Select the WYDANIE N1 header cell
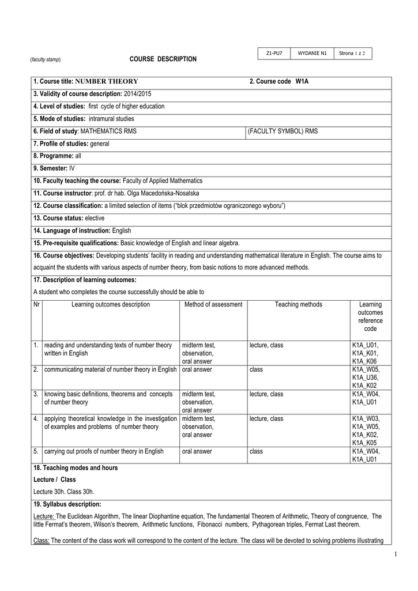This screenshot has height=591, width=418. pyautogui.click(x=312, y=54)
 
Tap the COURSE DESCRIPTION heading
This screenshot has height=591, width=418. pyautogui.click(x=163, y=59)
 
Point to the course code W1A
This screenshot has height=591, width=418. pyautogui.click(x=302, y=81)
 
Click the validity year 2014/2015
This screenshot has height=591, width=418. pyautogui.click(x=138, y=93)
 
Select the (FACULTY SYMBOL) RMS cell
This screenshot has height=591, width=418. pyautogui.click(x=283, y=131)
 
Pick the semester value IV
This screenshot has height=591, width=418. pyautogui.click(x=72, y=169)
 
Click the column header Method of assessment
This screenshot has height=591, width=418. pyautogui.click(x=213, y=304)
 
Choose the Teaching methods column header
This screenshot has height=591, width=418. pyautogui.click(x=298, y=304)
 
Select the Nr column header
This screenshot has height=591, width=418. pyautogui.click(x=37, y=304)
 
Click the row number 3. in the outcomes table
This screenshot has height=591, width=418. pyautogui.click(x=36, y=394)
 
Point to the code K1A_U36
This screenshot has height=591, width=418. pyautogui.click(x=365, y=377)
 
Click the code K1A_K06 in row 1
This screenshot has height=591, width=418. pyautogui.click(x=365, y=361)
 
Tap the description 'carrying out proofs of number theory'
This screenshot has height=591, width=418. pyautogui.click(x=104, y=451)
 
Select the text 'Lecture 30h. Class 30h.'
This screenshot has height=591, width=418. pyautogui.click(x=64, y=491)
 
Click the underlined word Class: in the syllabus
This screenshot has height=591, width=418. pyautogui.click(x=42, y=540)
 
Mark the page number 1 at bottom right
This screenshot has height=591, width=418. pyautogui.click(x=397, y=555)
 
